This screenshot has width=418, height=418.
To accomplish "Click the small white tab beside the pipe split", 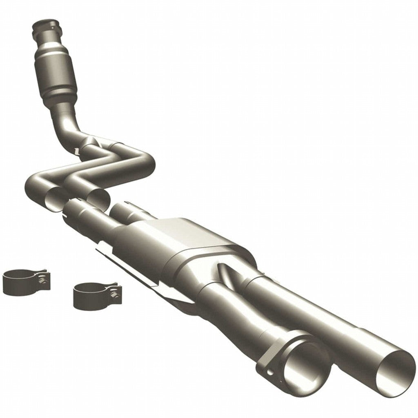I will tap(76, 151).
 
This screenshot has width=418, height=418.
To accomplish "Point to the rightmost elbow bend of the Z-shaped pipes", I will tap(147, 163).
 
